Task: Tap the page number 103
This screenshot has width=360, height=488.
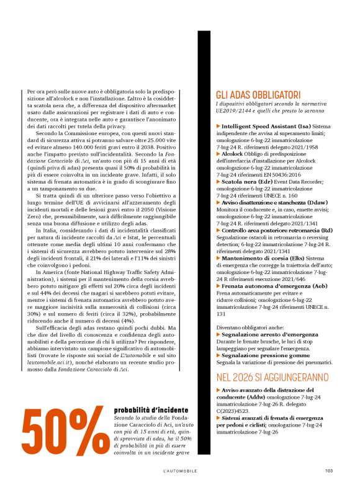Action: click(x=329, y=471)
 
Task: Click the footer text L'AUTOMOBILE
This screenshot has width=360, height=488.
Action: click(x=181, y=471)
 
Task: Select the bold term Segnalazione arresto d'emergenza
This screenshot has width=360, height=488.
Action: click(x=268, y=334)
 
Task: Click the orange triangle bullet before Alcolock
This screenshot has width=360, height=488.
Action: click(x=218, y=153)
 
